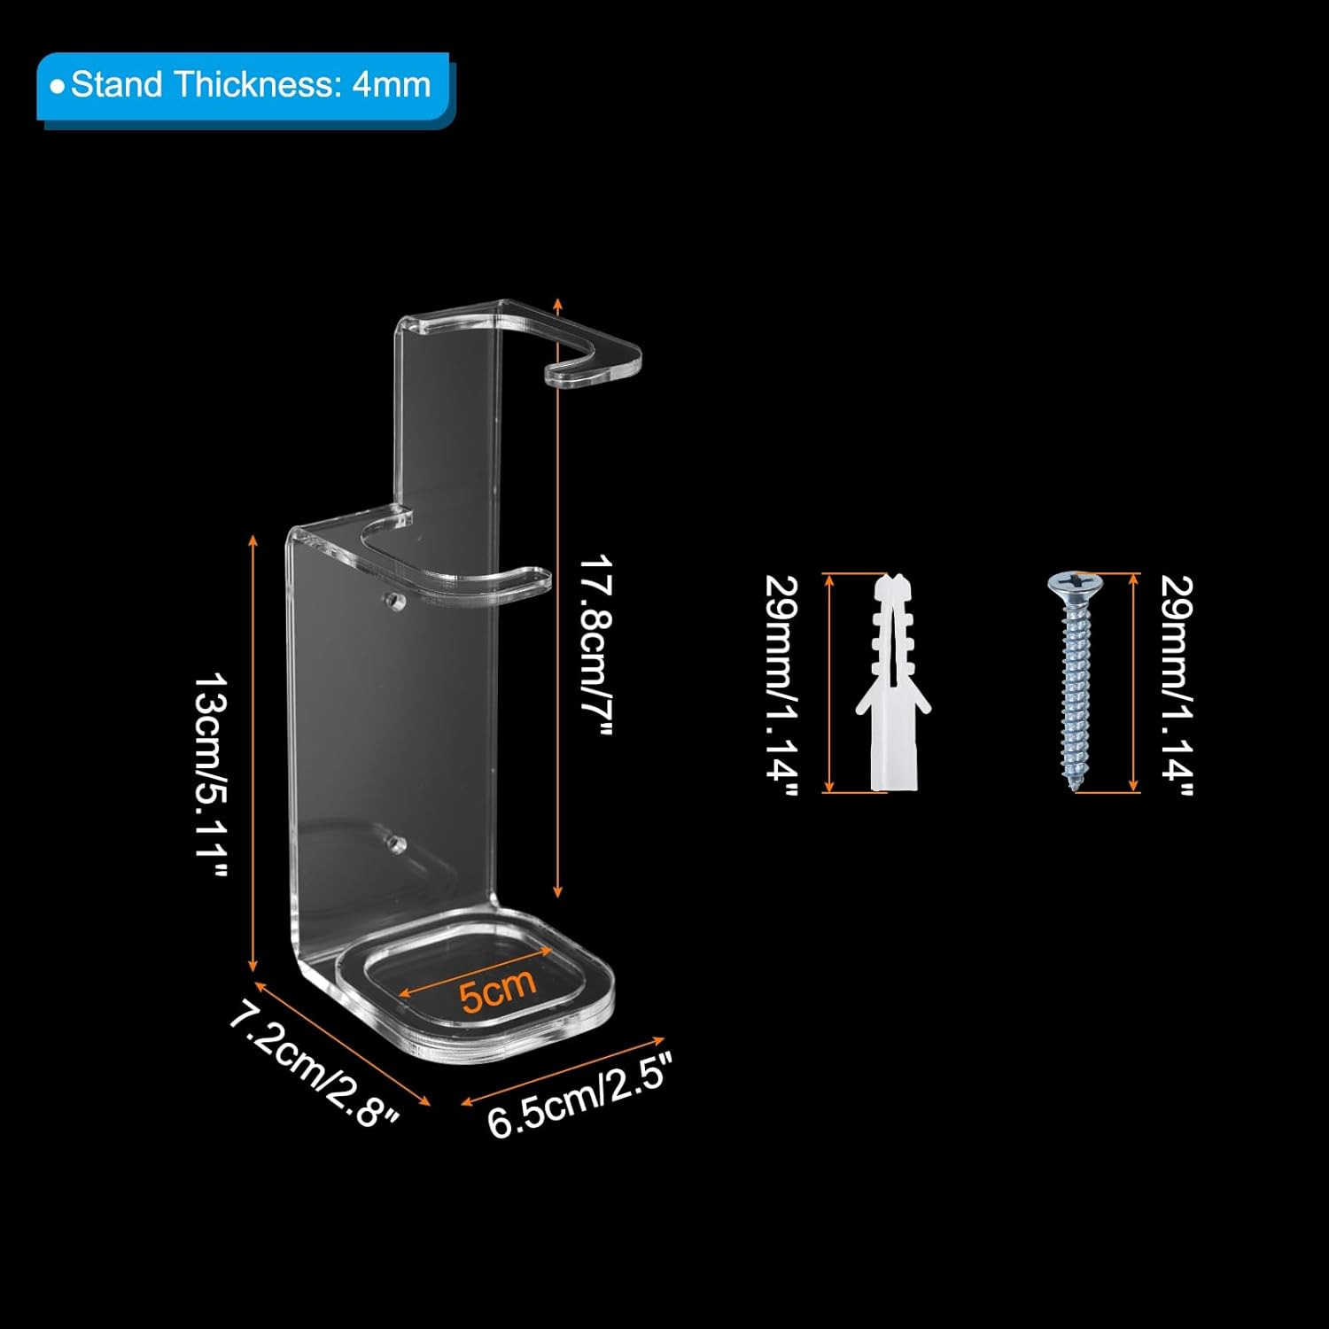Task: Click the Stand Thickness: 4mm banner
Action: point(245,87)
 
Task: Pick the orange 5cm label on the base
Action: point(498,989)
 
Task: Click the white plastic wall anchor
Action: point(893,682)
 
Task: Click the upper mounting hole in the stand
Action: point(391,600)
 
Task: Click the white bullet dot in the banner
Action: point(58,87)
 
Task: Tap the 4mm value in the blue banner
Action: point(391,86)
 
